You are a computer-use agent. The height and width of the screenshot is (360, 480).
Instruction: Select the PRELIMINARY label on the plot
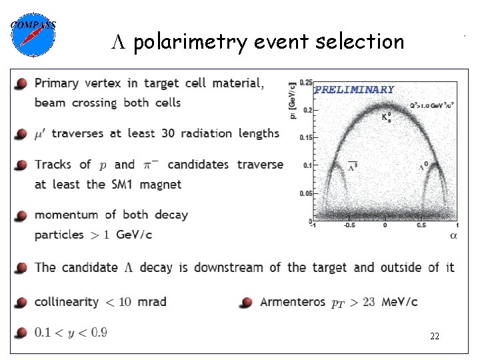(354, 89)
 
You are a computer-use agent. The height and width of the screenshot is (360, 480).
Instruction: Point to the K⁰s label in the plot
(386, 117)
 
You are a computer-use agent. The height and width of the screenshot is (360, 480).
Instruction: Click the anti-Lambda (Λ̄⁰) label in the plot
(352, 165)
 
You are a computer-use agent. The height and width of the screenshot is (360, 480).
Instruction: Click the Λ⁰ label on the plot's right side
(423, 166)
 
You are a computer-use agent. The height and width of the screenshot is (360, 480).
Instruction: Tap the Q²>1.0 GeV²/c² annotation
(433, 105)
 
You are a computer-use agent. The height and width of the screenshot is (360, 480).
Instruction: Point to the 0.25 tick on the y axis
(305, 83)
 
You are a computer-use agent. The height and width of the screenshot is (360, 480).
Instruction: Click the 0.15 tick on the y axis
(305, 138)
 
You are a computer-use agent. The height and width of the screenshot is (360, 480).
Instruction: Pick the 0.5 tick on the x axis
(421, 226)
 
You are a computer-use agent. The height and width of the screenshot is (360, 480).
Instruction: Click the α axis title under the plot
(453, 235)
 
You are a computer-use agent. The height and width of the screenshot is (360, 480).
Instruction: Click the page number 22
(434, 337)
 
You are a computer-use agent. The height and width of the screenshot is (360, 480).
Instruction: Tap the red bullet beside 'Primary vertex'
(22, 84)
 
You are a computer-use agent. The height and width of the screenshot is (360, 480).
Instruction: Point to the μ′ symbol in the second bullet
(41, 134)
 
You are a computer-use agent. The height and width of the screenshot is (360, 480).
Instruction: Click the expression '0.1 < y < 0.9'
(71, 332)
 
